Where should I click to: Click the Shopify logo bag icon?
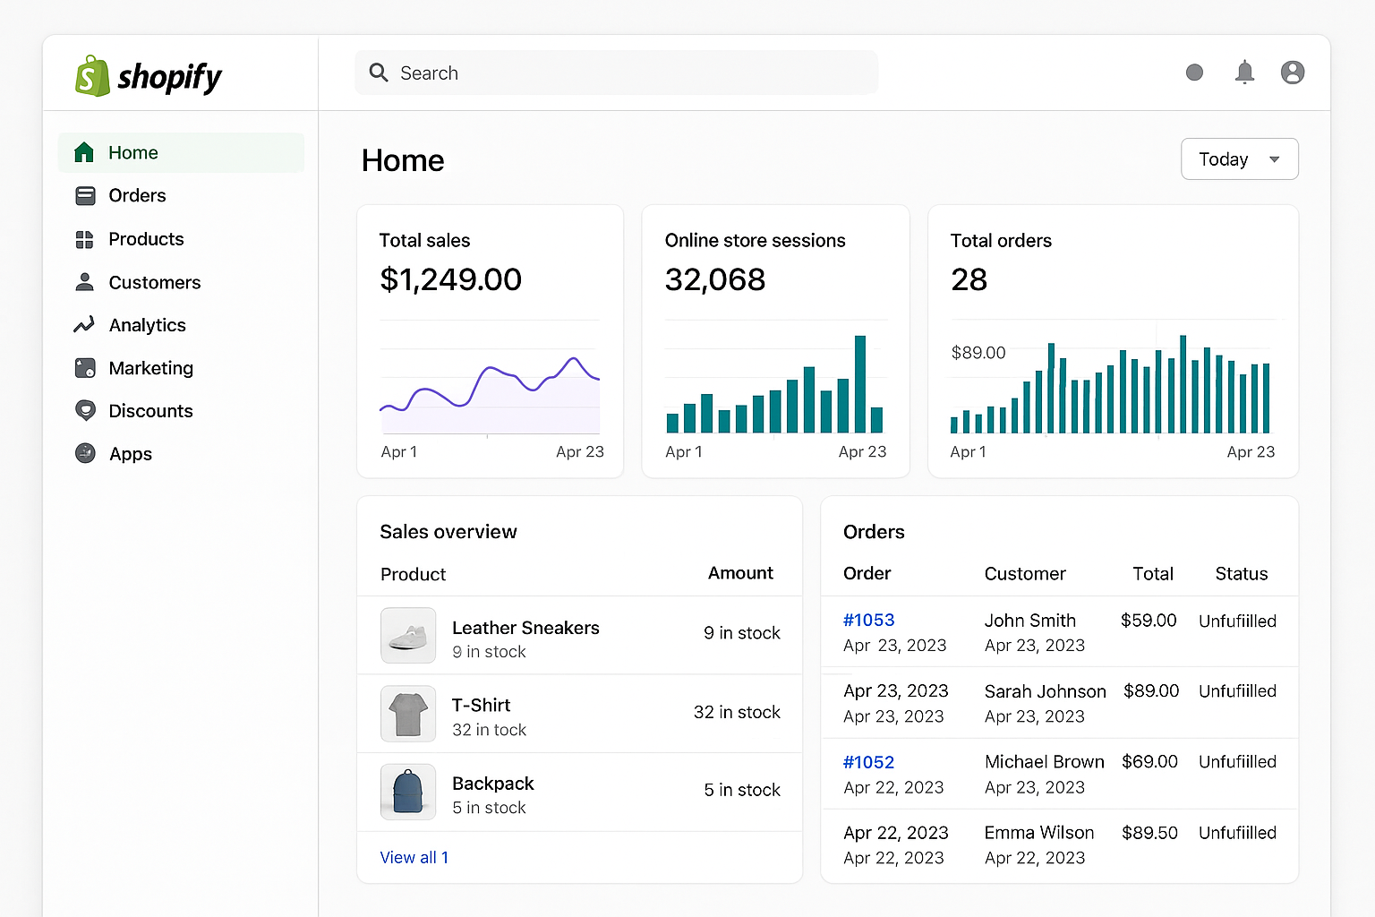(92, 76)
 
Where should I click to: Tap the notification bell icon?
(1244, 73)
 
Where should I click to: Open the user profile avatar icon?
(1292, 73)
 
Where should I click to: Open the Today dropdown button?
(1239, 159)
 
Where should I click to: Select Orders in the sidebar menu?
(137, 195)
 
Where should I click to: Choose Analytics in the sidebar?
(147, 325)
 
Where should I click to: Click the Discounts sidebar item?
(150, 411)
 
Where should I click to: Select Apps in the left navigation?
(131, 454)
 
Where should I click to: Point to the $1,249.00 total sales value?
(450, 279)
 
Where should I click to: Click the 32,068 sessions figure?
(714, 279)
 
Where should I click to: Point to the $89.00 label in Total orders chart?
(978, 353)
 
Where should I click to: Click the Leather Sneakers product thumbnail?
(408, 635)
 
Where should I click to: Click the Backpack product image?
(408, 792)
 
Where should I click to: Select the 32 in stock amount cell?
(736, 712)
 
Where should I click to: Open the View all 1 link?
(414, 857)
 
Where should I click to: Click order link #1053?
(868, 620)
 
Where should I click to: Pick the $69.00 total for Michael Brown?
(1149, 761)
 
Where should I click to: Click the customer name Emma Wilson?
(1038, 833)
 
